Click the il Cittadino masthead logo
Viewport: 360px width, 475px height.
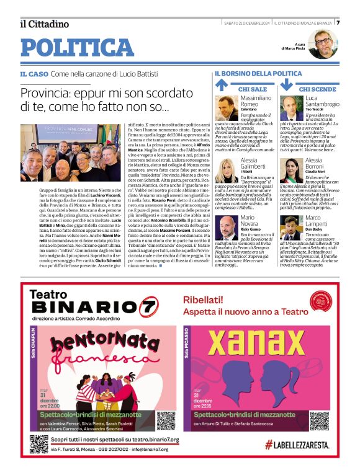[x=44, y=24]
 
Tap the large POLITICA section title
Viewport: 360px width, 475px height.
[x=77, y=48]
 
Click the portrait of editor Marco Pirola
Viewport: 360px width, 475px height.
[x=323, y=43]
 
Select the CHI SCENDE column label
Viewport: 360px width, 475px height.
[x=317, y=89]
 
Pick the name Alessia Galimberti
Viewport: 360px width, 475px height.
[x=258, y=163]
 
